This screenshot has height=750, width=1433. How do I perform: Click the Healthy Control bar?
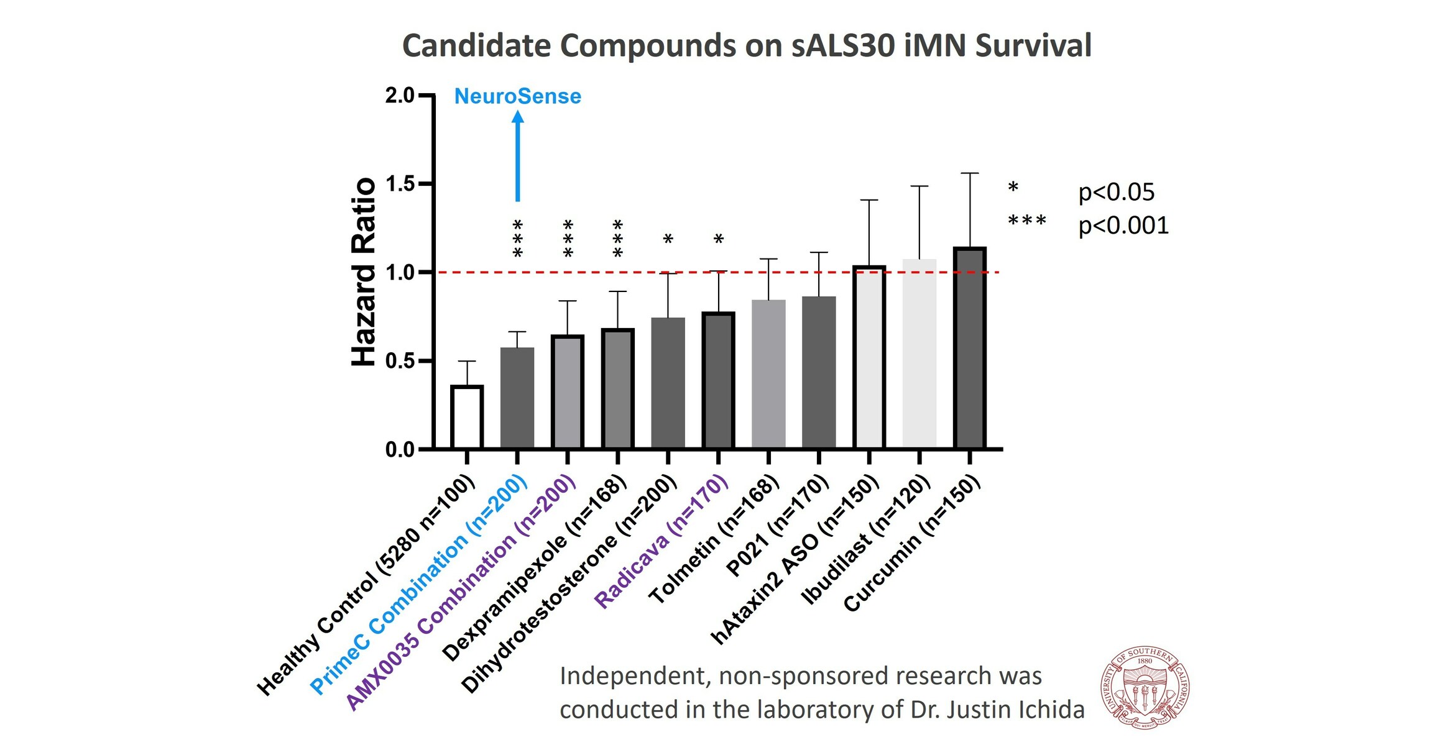coord(467,417)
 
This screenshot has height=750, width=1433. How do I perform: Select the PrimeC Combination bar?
coord(517,398)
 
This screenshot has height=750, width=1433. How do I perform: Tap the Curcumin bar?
coord(969,348)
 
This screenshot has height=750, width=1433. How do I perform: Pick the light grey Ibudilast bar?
coord(919,354)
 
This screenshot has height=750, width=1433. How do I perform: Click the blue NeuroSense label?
coord(517,97)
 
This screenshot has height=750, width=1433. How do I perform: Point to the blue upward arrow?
coord(517,155)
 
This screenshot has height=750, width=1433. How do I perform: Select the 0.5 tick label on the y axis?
coord(399,361)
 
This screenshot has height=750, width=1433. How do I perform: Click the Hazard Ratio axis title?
coord(364,272)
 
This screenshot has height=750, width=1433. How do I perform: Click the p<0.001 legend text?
coord(1123,225)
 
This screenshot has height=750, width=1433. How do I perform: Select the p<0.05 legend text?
coord(1116,192)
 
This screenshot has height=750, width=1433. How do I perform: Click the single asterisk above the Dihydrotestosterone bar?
coord(668,239)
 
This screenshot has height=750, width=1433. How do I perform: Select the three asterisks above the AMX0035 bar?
coord(567,239)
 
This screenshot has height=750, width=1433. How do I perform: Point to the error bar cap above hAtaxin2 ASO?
coord(869,200)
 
